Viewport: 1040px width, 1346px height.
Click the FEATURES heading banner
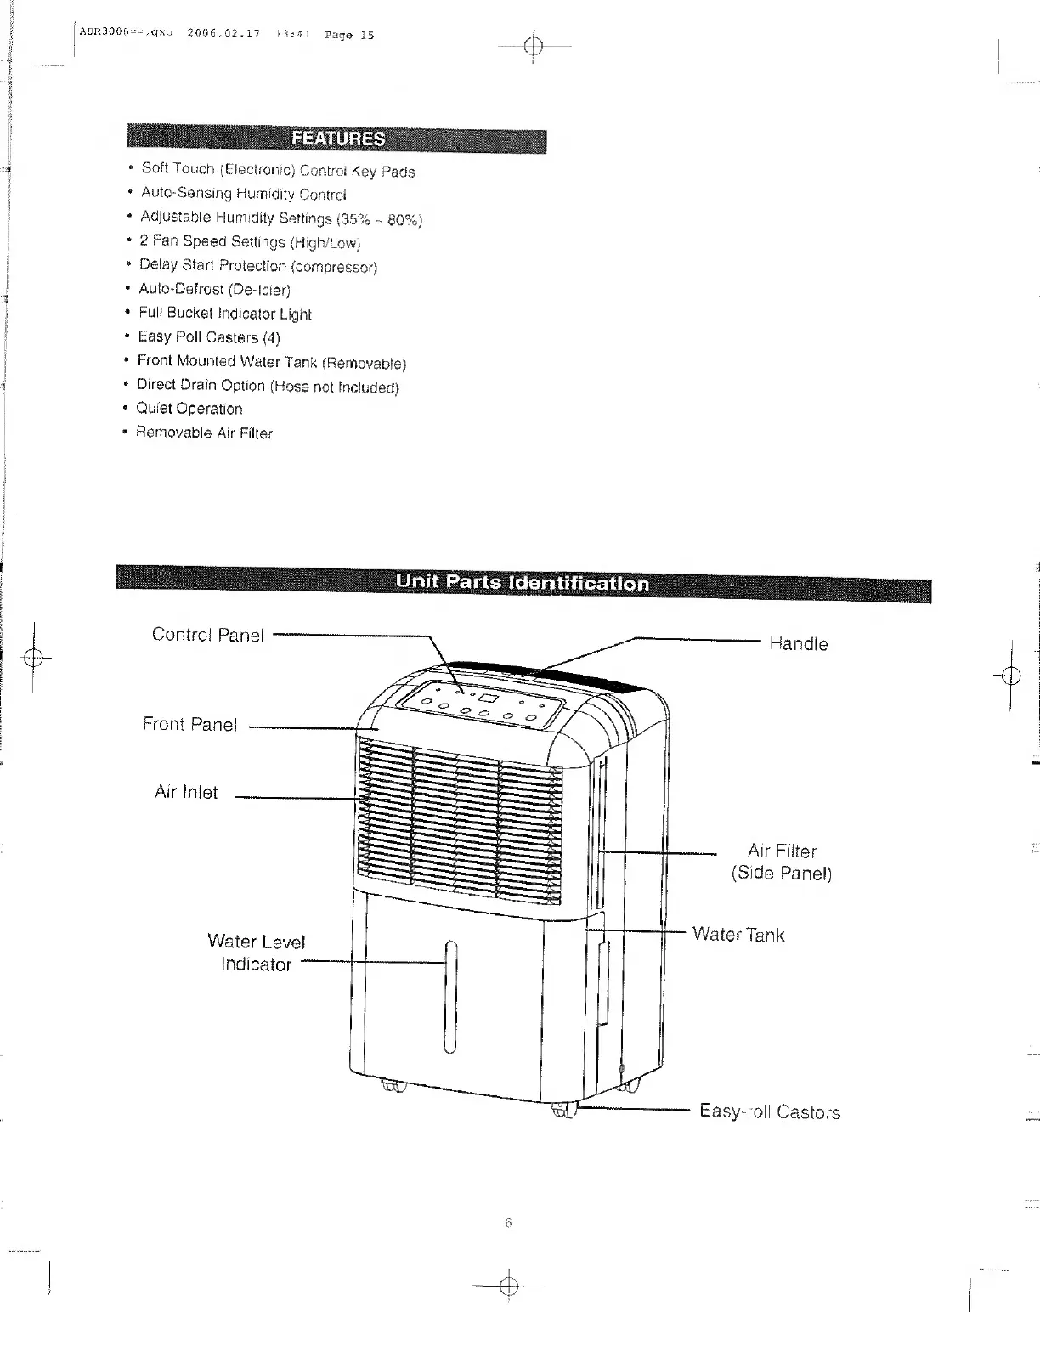pos(337,139)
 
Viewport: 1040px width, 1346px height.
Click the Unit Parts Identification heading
pos(522,582)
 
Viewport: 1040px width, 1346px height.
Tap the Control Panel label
pos(207,635)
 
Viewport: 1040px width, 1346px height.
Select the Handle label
pos(798,643)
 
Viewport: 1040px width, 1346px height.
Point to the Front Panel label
pos(189,724)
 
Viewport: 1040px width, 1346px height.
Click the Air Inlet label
pos(185,792)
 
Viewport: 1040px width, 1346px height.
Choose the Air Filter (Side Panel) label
pos(782,862)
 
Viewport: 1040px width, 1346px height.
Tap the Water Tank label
pos(738,935)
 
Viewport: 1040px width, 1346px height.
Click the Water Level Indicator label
pos(256,953)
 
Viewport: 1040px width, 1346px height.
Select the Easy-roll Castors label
pos(769,1111)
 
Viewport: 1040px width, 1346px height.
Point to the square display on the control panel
pos(487,698)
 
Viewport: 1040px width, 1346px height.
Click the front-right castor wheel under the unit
pos(564,1109)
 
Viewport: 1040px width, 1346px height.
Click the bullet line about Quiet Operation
pos(189,409)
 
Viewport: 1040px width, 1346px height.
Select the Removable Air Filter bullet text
pos(204,433)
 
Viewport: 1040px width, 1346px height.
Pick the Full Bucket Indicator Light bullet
pos(225,314)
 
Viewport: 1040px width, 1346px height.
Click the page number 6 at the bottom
pos(508,1223)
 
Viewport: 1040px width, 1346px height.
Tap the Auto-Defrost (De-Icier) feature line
pos(214,290)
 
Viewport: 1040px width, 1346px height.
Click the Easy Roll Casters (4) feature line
pos(209,337)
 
